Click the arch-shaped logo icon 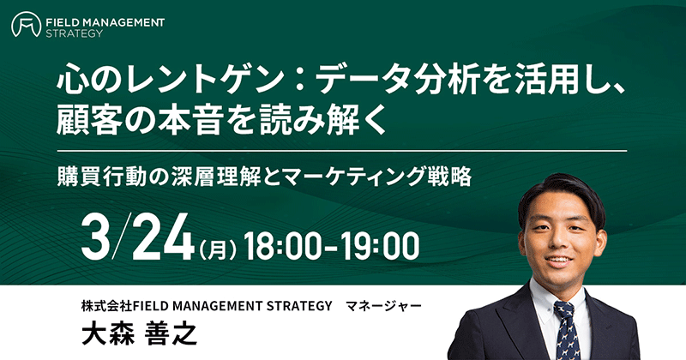[x=27, y=24]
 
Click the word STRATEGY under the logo [x=75, y=33]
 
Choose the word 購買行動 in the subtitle [x=102, y=177]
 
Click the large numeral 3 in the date [x=96, y=237]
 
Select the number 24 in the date [x=164, y=237]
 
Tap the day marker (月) [x=218, y=250]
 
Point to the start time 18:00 [x=282, y=246]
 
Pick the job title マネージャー [x=383, y=306]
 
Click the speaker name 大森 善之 [x=139, y=334]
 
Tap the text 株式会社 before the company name [x=106, y=306]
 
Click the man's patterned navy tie [x=567, y=330]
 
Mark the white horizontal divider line [x=342, y=151]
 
